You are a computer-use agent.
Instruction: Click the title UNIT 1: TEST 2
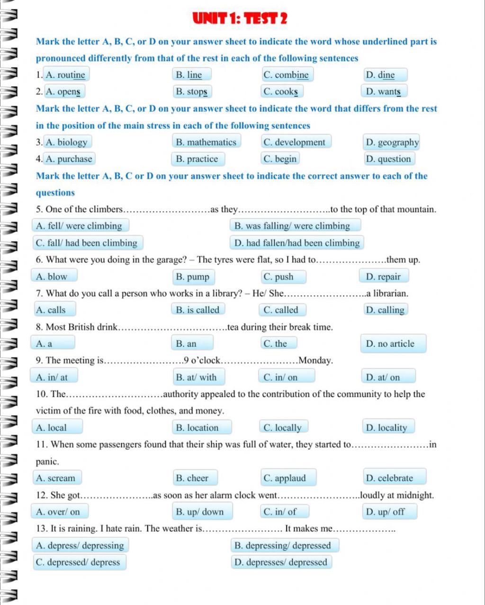(x=240, y=19)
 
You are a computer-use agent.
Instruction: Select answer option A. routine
(x=66, y=75)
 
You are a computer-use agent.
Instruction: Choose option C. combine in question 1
(x=286, y=75)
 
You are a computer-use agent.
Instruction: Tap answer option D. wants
(x=384, y=91)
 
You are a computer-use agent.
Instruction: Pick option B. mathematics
(x=206, y=142)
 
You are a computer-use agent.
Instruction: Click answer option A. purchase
(x=69, y=159)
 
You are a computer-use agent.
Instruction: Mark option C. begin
(x=280, y=159)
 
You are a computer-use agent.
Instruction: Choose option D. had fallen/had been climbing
(x=297, y=243)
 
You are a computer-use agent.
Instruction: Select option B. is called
(x=198, y=310)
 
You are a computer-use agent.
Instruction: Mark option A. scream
(x=56, y=478)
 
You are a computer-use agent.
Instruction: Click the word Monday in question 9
(x=316, y=361)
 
